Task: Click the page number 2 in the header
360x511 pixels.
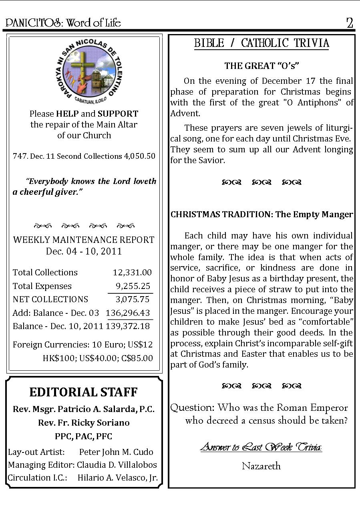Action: click(350, 23)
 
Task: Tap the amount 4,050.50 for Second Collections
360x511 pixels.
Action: click(140, 156)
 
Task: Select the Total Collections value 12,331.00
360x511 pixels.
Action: click(132, 273)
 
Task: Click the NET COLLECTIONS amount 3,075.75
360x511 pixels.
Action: click(132, 299)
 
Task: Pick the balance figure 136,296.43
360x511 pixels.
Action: click(128, 313)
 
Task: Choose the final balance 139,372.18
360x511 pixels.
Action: click(128, 326)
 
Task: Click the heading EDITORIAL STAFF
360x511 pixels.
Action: click(84, 392)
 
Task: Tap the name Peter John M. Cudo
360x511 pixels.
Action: click(116, 452)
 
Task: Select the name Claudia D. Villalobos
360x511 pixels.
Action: click(117, 465)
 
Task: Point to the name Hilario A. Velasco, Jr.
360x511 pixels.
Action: click(117, 478)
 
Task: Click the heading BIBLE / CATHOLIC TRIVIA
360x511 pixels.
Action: click(261, 43)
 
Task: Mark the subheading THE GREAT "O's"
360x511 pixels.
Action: click(262, 65)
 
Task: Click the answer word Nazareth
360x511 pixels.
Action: click(261, 466)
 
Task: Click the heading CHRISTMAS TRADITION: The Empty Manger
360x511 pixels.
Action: click(261, 214)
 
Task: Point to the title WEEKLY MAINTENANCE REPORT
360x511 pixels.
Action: click(84, 240)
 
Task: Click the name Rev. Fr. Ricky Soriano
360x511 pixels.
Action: click(84, 423)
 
